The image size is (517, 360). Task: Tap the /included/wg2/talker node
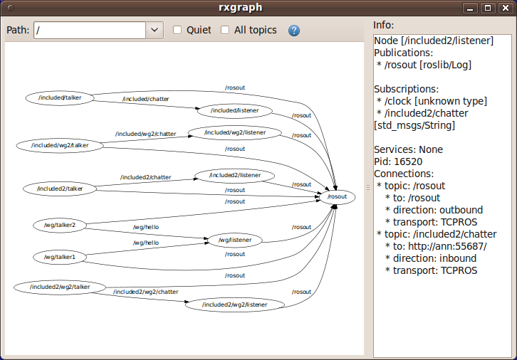click(x=60, y=145)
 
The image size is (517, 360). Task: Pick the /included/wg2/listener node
click(x=234, y=132)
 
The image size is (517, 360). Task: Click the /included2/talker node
click(x=59, y=189)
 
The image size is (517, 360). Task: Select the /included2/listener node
click(x=234, y=175)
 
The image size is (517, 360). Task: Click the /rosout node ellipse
click(x=336, y=196)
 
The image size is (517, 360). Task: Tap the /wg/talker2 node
click(x=59, y=225)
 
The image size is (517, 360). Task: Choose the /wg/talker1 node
click(x=59, y=256)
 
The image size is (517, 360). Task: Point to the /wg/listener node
click(x=234, y=240)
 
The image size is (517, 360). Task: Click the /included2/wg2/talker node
click(x=60, y=287)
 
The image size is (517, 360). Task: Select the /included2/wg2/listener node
click(x=234, y=305)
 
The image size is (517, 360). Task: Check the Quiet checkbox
click(x=178, y=31)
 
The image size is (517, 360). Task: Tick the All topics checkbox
click(x=225, y=31)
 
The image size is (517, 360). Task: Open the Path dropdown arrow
click(x=155, y=31)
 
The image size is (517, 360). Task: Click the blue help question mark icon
click(x=293, y=31)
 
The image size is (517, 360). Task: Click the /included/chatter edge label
click(x=145, y=99)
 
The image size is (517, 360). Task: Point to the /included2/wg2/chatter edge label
click(x=145, y=292)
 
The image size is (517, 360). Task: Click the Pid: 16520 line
click(x=398, y=162)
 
